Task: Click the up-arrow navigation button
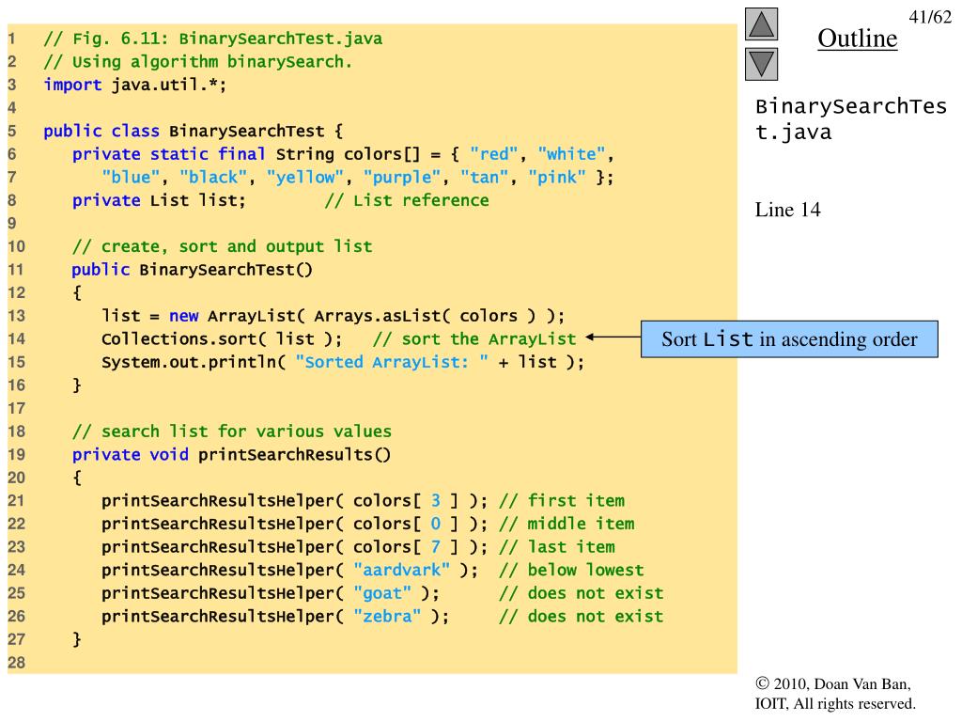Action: pos(763,25)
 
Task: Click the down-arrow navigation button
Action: pos(763,63)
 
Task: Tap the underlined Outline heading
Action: pos(857,39)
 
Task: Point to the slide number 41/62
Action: pos(930,17)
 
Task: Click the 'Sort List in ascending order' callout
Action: pos(789,339)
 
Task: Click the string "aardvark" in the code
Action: pos(401,570)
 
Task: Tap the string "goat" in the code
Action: pos(381,593)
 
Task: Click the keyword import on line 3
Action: pos(72,85)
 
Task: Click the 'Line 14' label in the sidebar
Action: pos(787,210)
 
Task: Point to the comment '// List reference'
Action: pos(407,200)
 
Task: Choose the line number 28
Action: pos(16,662)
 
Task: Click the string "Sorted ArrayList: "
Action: pos(392,362)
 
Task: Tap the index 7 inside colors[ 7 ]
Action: pos(435,547)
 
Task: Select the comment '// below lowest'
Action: pos(571,570)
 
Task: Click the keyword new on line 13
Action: pos(183,316)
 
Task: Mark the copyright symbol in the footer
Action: pos(762,684)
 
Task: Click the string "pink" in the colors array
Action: pos(557,177)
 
